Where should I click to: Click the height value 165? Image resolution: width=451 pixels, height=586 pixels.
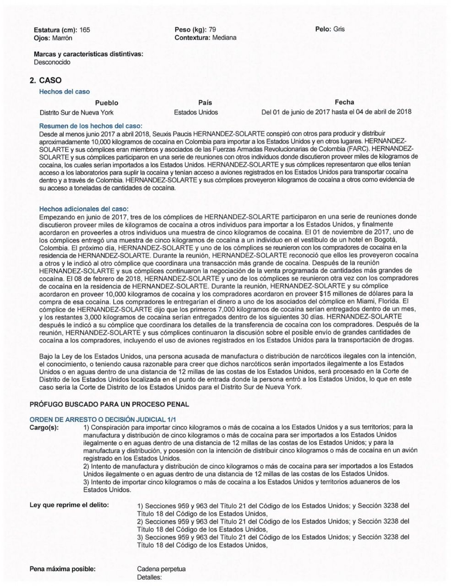click(x=85, y=30)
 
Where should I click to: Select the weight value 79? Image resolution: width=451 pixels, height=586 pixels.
click(x=212, y=30)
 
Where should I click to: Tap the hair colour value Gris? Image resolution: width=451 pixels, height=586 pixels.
click(x=339, y=29)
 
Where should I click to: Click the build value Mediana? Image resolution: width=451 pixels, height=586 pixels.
click(x=224, y=38)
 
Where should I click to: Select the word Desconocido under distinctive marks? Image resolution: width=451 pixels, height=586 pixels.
click(x=52, y=62)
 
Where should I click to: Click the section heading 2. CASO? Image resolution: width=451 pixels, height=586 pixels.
click(x=45, y=81)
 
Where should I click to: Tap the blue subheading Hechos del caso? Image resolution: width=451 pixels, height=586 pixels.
click(x=65, y=92)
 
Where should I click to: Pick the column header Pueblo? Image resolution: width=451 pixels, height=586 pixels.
click(x=106, y=103)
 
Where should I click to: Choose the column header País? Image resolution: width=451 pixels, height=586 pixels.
click(x=205, y=103)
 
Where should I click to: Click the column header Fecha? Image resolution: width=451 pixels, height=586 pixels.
click(x=344, y=102)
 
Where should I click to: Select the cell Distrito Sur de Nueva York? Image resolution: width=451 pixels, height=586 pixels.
click(x=76, y=112)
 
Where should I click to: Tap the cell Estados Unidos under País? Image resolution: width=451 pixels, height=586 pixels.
click(x=196, y=112)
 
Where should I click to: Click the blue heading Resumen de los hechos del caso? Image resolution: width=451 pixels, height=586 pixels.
click(x=91, y=125)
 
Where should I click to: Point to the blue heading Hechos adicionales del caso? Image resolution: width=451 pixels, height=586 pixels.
click(x=84, y=209)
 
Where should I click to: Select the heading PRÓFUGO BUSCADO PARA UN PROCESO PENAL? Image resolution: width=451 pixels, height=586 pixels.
click(x=109, y=404)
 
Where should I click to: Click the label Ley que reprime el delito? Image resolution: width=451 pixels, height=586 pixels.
click(x=69, y=505)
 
